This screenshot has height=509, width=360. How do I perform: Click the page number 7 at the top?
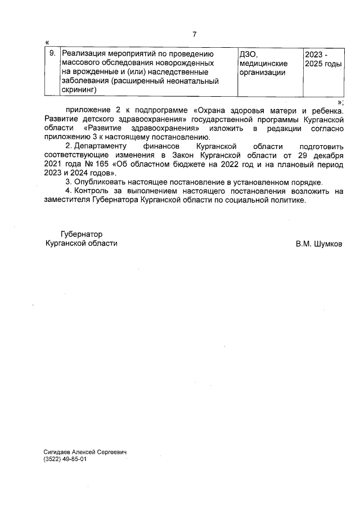tap(194, 34)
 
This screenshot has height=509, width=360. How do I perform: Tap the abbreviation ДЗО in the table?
tap(248, 55)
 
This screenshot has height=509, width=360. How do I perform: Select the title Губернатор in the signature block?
tap(82, 234)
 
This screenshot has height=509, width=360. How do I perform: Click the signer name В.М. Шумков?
tap(318, 244)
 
